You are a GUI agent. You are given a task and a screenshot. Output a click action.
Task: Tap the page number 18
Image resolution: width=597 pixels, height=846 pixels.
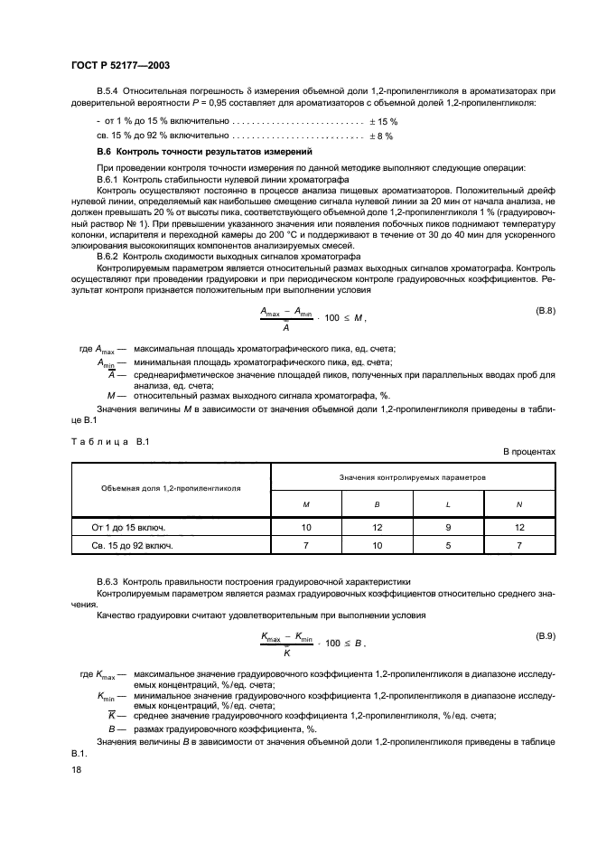(76, 768)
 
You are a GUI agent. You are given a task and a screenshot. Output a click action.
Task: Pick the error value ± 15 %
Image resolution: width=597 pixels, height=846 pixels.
(381, 120)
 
